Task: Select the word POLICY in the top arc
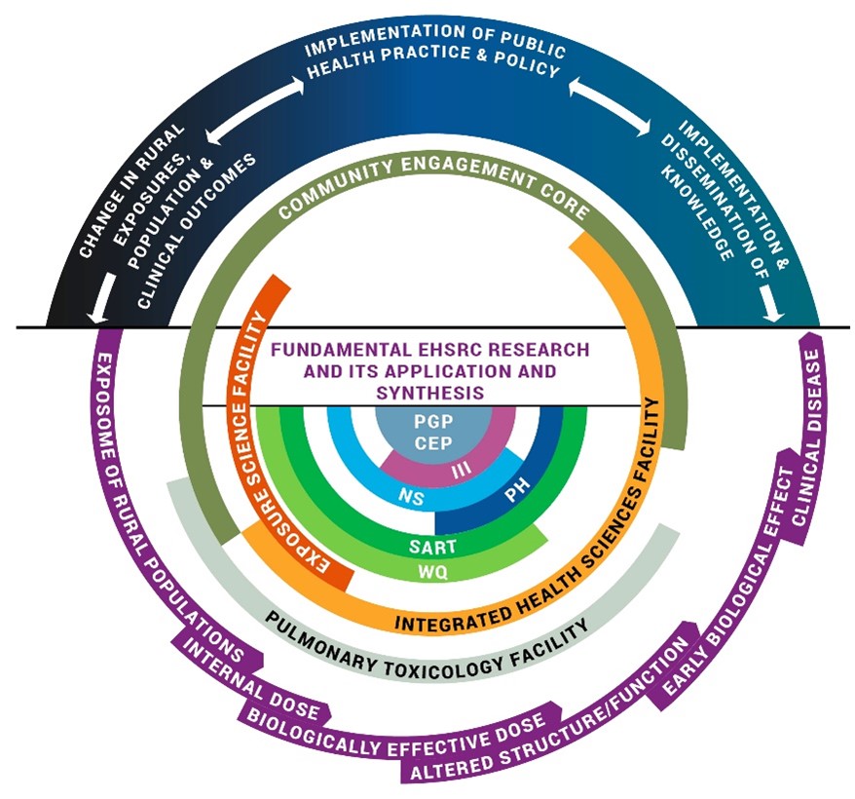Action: click(x=532, y=72)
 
